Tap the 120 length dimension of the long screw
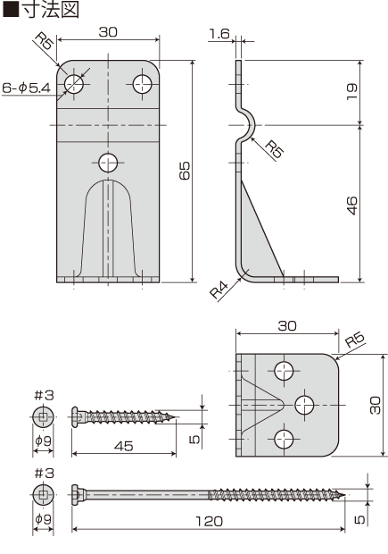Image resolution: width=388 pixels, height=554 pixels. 207,521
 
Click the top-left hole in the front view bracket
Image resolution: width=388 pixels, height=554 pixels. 75,83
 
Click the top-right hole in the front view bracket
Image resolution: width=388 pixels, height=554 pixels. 143,83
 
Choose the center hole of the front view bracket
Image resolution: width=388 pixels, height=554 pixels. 109,162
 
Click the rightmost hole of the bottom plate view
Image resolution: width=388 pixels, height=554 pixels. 304,405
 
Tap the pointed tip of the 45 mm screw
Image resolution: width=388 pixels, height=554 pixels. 177,415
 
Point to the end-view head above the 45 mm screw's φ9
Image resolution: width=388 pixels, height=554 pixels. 44,415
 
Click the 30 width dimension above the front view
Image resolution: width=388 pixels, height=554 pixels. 109,31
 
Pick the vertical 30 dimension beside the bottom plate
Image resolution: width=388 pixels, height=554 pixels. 375,405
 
